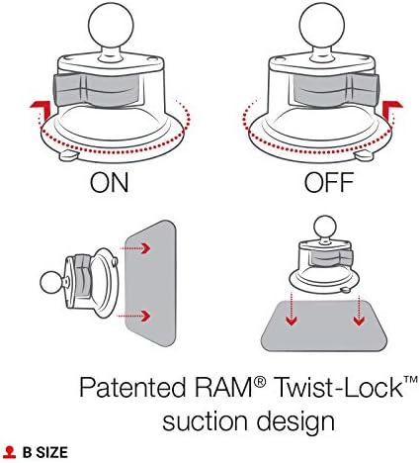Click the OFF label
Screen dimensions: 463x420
[x=313, y=183]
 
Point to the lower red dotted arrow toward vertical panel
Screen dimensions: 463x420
[x=141, y=317]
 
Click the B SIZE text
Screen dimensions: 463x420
[x=45, y=452]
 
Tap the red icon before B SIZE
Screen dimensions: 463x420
[x=9, y=452]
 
